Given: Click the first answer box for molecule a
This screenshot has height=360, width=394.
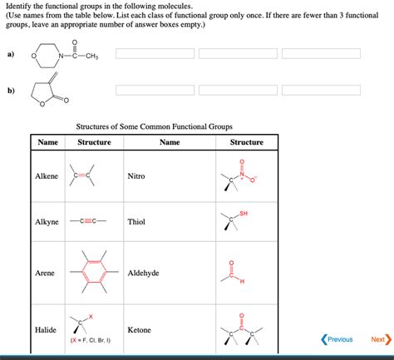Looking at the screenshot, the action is click(x=155, y=54).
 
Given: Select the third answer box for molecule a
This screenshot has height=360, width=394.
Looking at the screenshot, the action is click(x=321, y=54).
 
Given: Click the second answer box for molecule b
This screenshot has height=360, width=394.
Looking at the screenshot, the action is click(x=238, y=90).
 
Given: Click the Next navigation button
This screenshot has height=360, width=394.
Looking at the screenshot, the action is click(x=379, y=339).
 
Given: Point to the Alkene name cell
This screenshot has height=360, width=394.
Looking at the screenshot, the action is click(x=47, y=176).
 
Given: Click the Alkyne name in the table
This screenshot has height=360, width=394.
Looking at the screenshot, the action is click(x=47, y=222).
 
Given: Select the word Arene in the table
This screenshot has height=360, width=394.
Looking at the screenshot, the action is click(x=45, y=273).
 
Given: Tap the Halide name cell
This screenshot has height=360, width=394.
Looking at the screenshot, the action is click(x=46, y=330).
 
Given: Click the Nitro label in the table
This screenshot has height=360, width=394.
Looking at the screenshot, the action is click(x=136, y=176).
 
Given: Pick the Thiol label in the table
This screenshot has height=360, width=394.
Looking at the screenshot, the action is click(x=136, y=222).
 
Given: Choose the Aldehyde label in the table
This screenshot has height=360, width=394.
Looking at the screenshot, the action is click(x=143, y=273).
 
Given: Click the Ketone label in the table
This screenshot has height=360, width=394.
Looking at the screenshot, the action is click(x=140, y=330).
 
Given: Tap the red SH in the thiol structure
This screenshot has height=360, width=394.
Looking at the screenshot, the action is click(x=244, y=214).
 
